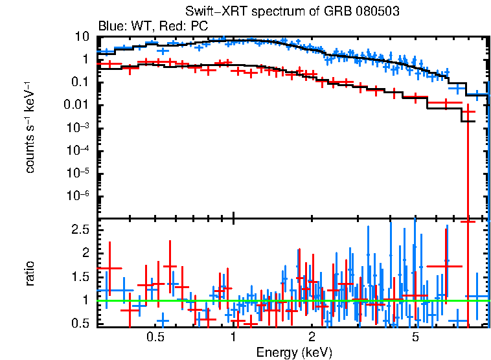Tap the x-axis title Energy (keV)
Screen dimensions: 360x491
coord(294,353)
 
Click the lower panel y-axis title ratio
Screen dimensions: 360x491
coord(30,273)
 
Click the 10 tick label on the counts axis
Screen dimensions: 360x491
coord(82,36)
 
